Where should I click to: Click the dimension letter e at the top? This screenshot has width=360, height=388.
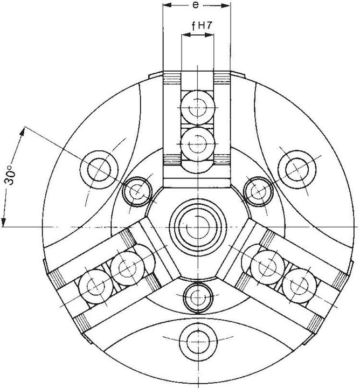pos(196,5)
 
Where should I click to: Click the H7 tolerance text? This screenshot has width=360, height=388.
pos(205,25)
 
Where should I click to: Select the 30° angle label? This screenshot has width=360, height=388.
pos(10,176)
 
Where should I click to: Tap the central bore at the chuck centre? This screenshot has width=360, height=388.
pos(197,227)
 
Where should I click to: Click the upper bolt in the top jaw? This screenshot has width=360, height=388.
pos(197,107)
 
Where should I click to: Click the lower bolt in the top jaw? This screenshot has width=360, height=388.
pos(197,144)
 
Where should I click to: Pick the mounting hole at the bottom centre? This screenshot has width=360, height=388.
pos(198,342)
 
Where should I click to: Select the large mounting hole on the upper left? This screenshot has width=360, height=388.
pos(99,170)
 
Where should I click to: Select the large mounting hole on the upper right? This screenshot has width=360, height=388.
pos(296,170)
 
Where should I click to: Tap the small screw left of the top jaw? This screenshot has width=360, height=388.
pos(137,191)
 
